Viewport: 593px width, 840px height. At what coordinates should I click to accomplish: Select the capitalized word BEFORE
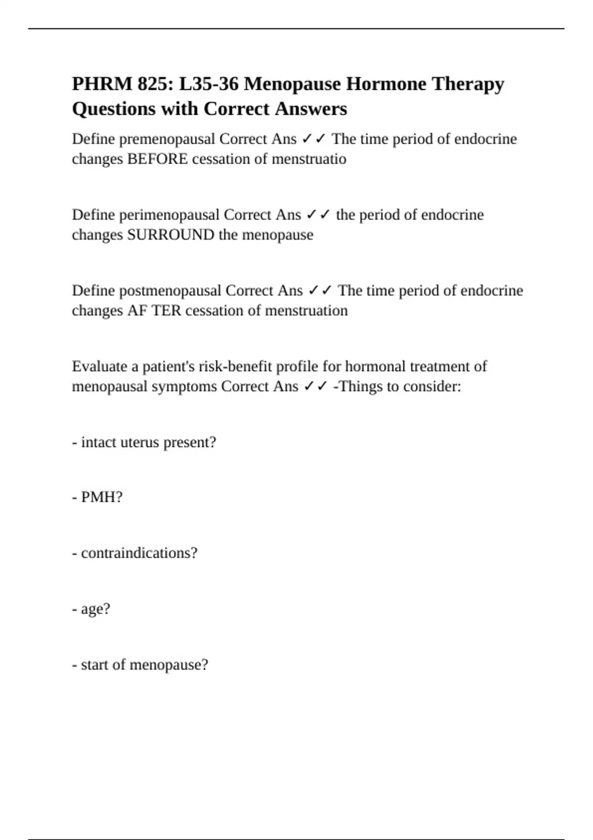[157, 159]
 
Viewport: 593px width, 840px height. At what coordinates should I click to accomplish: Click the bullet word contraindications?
[139, 553]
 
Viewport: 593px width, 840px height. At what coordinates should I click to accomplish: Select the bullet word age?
[95, 609]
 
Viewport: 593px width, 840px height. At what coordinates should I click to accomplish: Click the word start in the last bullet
[94, 665]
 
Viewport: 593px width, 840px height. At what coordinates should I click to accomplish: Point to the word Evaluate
[99, 367]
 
